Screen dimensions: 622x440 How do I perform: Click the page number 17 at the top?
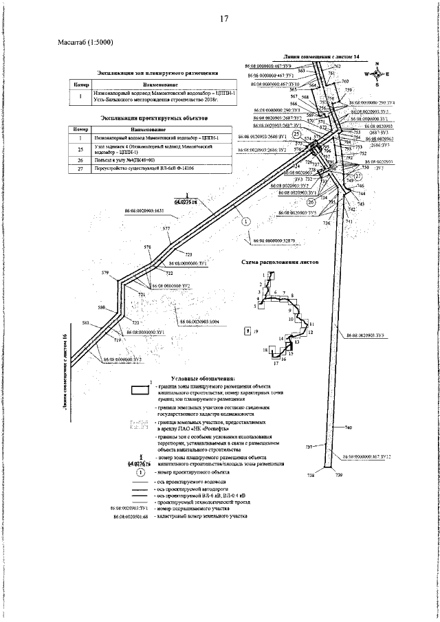tap(223, 19)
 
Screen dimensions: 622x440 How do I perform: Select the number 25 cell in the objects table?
tap(80, 148)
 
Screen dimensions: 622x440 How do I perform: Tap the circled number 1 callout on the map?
tap(247, 221)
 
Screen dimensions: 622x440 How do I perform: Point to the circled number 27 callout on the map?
tap(357, 176)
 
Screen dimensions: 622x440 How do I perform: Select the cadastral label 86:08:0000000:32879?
tap(274, 241)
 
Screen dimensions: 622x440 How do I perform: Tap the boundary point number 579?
tap(105, 274)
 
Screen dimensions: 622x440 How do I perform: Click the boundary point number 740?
tap(348, 428)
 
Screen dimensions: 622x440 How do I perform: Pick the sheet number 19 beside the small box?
tap(255, 331)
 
